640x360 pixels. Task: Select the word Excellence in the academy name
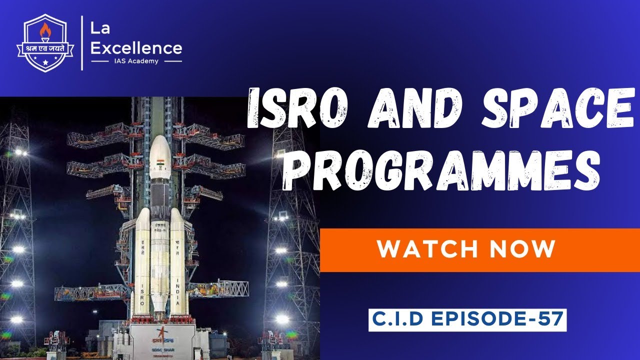click(x=136, y=48)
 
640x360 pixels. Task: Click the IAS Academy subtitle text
click(x=135, y=61)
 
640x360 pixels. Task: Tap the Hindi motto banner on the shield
click(x=45, y=48)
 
